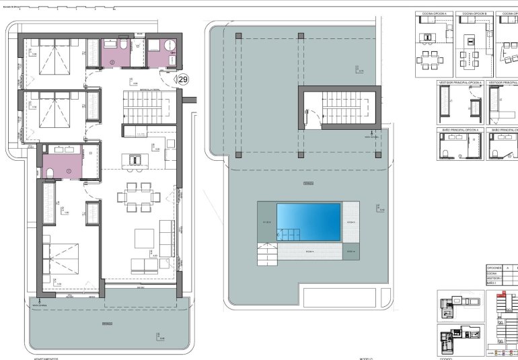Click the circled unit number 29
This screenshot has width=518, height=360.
coord(182,79)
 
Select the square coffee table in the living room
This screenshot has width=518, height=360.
coord(144,238)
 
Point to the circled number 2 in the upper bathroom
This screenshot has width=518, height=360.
coord(113,62)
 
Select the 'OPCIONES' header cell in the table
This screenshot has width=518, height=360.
coord(496,267)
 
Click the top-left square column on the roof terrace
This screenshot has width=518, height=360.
coord(237,34)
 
